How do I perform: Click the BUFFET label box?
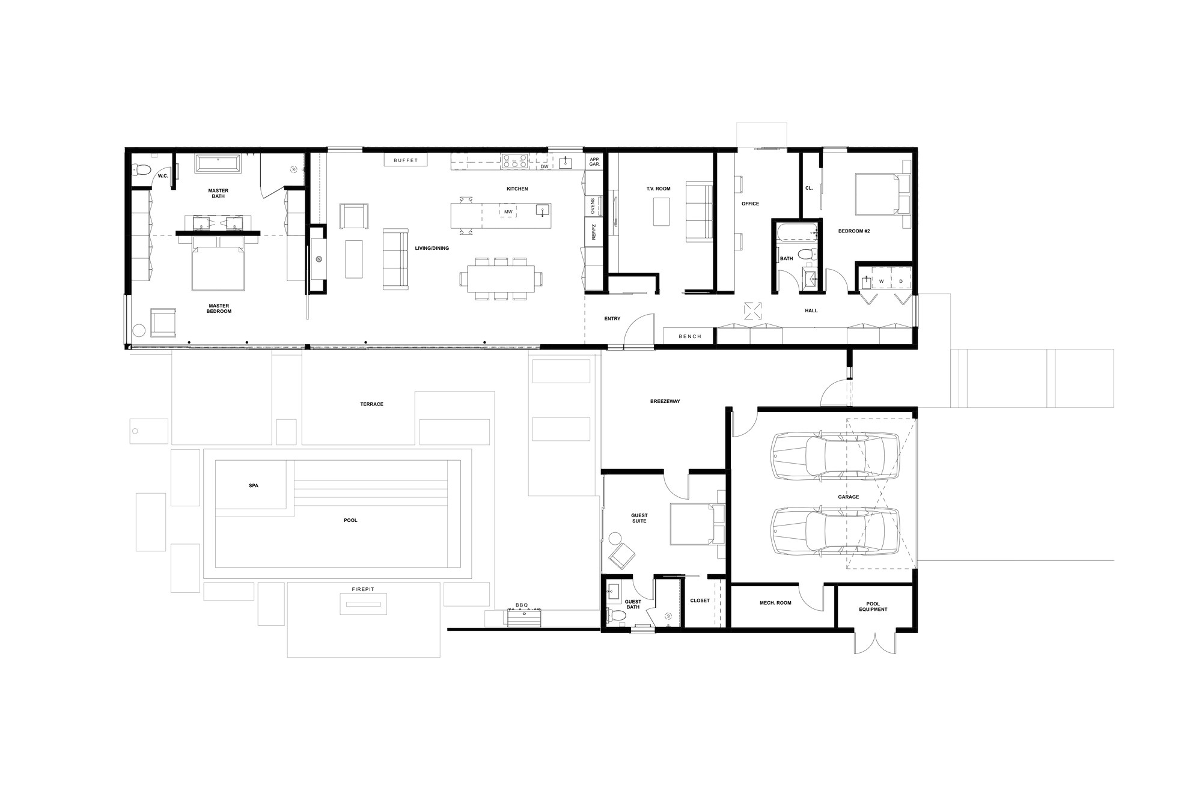406,160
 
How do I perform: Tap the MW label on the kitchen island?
508,212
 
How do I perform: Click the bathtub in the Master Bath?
218,164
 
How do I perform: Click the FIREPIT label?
363,589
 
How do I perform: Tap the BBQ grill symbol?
524,617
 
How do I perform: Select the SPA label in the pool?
254,485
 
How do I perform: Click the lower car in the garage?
835,531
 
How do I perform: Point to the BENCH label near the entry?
690,336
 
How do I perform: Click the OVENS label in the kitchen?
593,205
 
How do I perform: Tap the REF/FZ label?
593,232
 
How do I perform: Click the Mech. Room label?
775,603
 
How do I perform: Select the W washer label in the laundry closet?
881,281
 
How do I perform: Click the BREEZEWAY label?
665,401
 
